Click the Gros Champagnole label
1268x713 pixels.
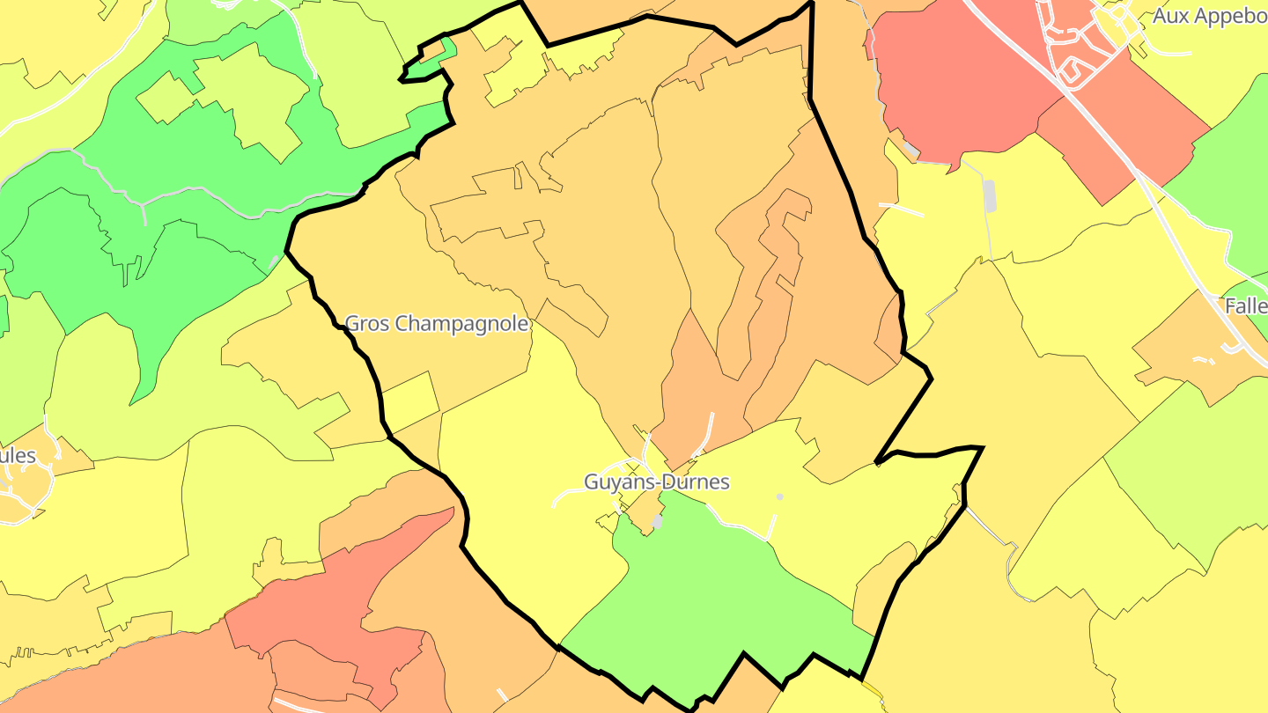437,324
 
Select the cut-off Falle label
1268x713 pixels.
1246,306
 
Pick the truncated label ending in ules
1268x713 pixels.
18,455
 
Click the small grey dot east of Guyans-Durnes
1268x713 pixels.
779,497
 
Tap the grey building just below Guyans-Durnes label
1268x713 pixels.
658,521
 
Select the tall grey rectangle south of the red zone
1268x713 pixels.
989,195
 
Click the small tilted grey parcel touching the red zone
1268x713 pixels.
911,151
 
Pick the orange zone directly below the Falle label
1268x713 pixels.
1206,361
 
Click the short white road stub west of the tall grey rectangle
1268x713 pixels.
901,209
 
